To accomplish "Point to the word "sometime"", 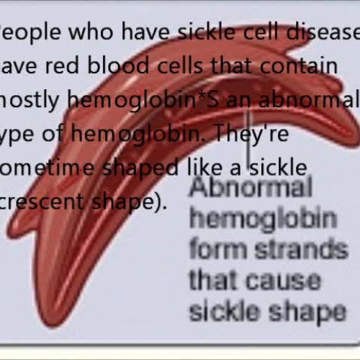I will pos(51,168).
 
